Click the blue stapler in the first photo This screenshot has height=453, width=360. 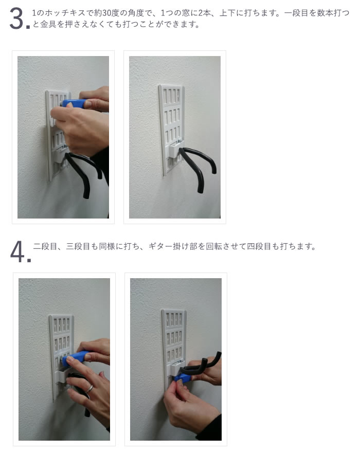[x=73, y=103]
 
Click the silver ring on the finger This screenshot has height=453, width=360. [x=89, y=389]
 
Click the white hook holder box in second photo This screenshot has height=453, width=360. [x=176, y=149]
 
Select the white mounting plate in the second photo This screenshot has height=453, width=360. [x=171, y=130]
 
